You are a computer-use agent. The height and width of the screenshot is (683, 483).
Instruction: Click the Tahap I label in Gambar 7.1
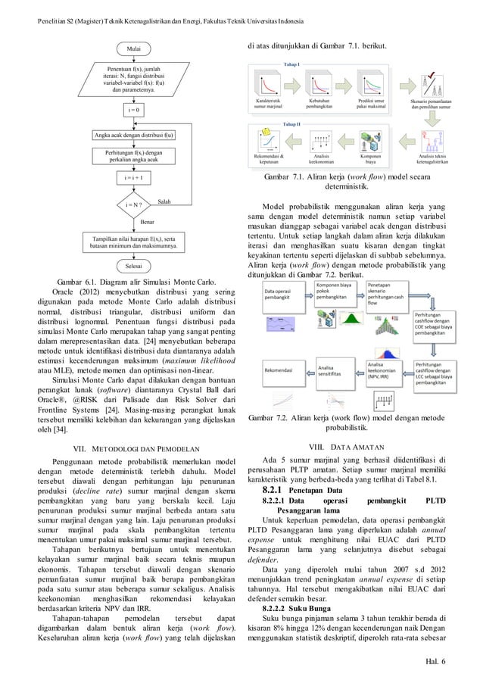(291, 65)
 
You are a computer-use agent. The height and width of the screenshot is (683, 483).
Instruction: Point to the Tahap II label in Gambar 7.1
(291, 123)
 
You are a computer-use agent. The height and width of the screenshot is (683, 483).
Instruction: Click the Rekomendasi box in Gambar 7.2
(281, 370)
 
